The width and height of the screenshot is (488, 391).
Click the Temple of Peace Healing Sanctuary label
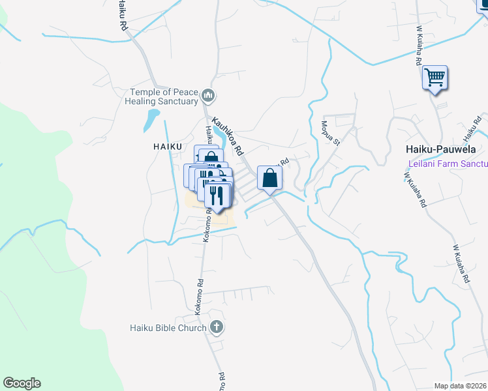click(x=164, y=96)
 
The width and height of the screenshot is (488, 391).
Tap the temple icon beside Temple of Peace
click(x=208, y=97)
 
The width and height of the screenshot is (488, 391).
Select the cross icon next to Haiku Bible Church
click(x=217, y=327)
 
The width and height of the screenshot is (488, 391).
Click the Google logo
click(x=22, y=383)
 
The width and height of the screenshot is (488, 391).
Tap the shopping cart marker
click(x=435, y=78)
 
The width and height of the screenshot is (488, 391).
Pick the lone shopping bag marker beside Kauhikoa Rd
click(x=270, y=177)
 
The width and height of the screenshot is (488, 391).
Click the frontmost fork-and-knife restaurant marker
click(x=217, y=195)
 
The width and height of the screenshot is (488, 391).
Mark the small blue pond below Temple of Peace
click(x=151, y=119)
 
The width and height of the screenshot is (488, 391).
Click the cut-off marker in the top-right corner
click(x=482, y=5)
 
